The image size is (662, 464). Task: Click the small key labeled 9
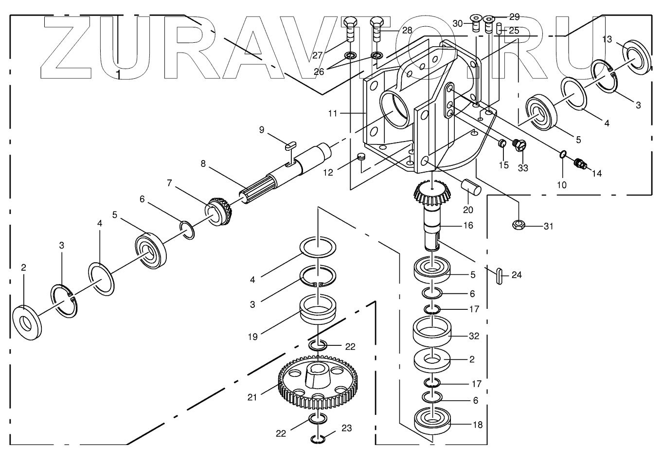[x=290, y=144]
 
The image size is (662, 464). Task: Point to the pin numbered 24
[x=499, y=275]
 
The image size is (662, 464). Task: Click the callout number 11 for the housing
[x=333, y=114]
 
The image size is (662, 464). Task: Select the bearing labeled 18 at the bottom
[x=432, y=421]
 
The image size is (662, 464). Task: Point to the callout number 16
[x=468, y=226]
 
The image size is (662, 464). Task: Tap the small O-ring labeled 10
[x=562, y=155]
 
